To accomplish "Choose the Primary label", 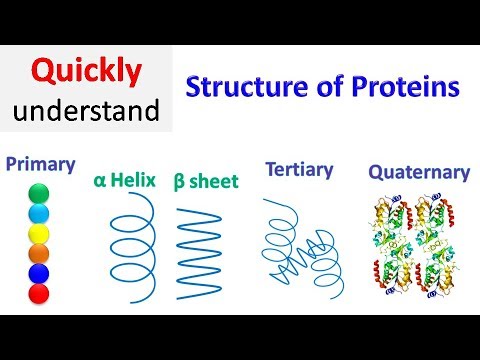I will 41,163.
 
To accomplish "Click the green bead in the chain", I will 38,192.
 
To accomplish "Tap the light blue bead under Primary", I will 38,213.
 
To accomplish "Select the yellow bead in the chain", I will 38,233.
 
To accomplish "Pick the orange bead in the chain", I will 38,254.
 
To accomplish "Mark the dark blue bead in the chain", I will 38,274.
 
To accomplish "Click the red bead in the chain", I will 38,295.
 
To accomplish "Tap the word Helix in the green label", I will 138,180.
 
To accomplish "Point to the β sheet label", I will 206,181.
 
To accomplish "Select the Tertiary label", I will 297,169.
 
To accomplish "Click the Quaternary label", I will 419,172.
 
